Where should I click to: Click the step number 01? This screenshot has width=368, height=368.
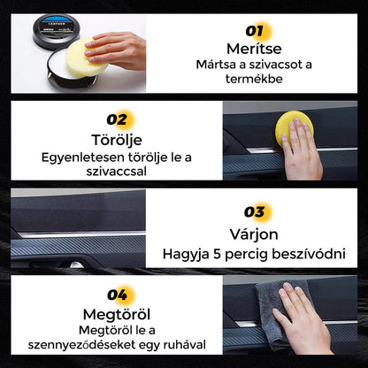tap(254, 31)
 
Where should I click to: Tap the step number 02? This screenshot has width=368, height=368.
tap(117, 119)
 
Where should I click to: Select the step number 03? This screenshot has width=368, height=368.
tap(254, 212)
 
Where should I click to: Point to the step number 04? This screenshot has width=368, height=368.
tap(117, 295)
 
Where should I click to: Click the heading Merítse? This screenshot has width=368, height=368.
tap(254, 49)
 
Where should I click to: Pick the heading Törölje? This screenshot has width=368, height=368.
tap(117, 140)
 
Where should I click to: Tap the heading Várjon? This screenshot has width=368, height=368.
tap(254, 234)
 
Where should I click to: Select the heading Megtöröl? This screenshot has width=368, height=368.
tap(117, 315)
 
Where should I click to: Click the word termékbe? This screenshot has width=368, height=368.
tap(254, 79)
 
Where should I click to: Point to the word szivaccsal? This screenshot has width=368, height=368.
tap(117, 172)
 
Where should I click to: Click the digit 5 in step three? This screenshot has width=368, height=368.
tap(217, 254)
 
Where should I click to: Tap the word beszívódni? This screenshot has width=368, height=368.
tap(309, 254)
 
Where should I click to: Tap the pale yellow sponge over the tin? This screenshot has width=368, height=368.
tap(86, 57)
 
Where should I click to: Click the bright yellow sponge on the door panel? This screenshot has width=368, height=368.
tap(293, 127)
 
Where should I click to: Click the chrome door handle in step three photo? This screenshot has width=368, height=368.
tap(76, 264)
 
